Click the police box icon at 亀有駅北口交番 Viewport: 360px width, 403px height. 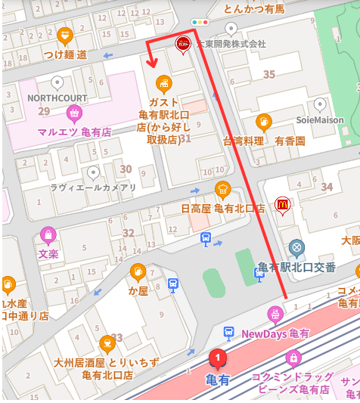(x=297, y=247)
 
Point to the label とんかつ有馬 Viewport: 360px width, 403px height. (x=254, y=9)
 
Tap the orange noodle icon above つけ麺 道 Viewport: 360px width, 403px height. (x=65, y=35)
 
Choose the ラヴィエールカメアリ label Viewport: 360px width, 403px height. (x=93, y=188)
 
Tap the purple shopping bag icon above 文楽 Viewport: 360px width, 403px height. (x=48, y=234)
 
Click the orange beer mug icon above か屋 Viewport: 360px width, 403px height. (x=138, y=271)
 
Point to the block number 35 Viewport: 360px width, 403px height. (x=268, y=74)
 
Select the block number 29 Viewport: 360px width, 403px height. (x=43, y=111)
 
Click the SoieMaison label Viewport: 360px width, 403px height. (x=320, y=120)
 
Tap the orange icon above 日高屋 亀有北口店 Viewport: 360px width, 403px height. (x=222, y=189)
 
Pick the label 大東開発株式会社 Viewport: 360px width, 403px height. (x=231, y=44)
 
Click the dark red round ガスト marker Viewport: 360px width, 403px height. (x=182, y=43)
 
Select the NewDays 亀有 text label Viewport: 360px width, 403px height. (x=275, y=333)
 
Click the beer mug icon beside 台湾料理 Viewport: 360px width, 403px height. (x=263, y=122)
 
